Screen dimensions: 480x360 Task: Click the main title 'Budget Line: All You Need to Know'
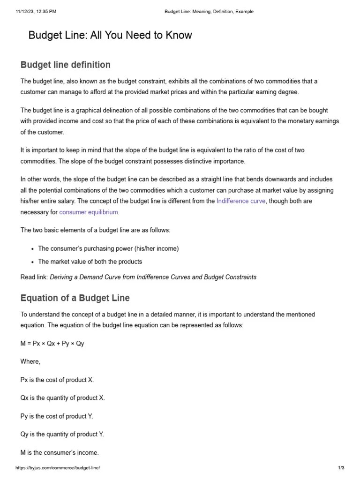(x=110, y=35)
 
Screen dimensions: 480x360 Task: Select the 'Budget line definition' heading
(x=66, y=65)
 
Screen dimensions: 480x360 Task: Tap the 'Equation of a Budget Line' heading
(x=75, y=298)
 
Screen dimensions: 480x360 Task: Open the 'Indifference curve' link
(x=241, y=201)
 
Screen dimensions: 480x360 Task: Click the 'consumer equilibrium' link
(x=89, y=212)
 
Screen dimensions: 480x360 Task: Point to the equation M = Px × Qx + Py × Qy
(x=52, y=344)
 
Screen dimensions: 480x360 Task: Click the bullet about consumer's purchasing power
(x=108, y=248)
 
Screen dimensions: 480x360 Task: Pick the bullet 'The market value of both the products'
(x=90, y=262)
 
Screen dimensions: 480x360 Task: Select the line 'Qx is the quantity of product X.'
(x=62, y=398)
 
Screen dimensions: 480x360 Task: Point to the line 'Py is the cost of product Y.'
(x=57, y=416)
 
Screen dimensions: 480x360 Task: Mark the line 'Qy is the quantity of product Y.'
(x=62, y=435)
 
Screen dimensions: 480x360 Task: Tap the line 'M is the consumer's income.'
(x=60, y=453)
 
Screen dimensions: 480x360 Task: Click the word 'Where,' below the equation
(x=30, y=361)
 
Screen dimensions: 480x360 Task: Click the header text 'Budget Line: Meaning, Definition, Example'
(x=209, y=12)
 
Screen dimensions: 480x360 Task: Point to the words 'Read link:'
(x=34, y=277)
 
